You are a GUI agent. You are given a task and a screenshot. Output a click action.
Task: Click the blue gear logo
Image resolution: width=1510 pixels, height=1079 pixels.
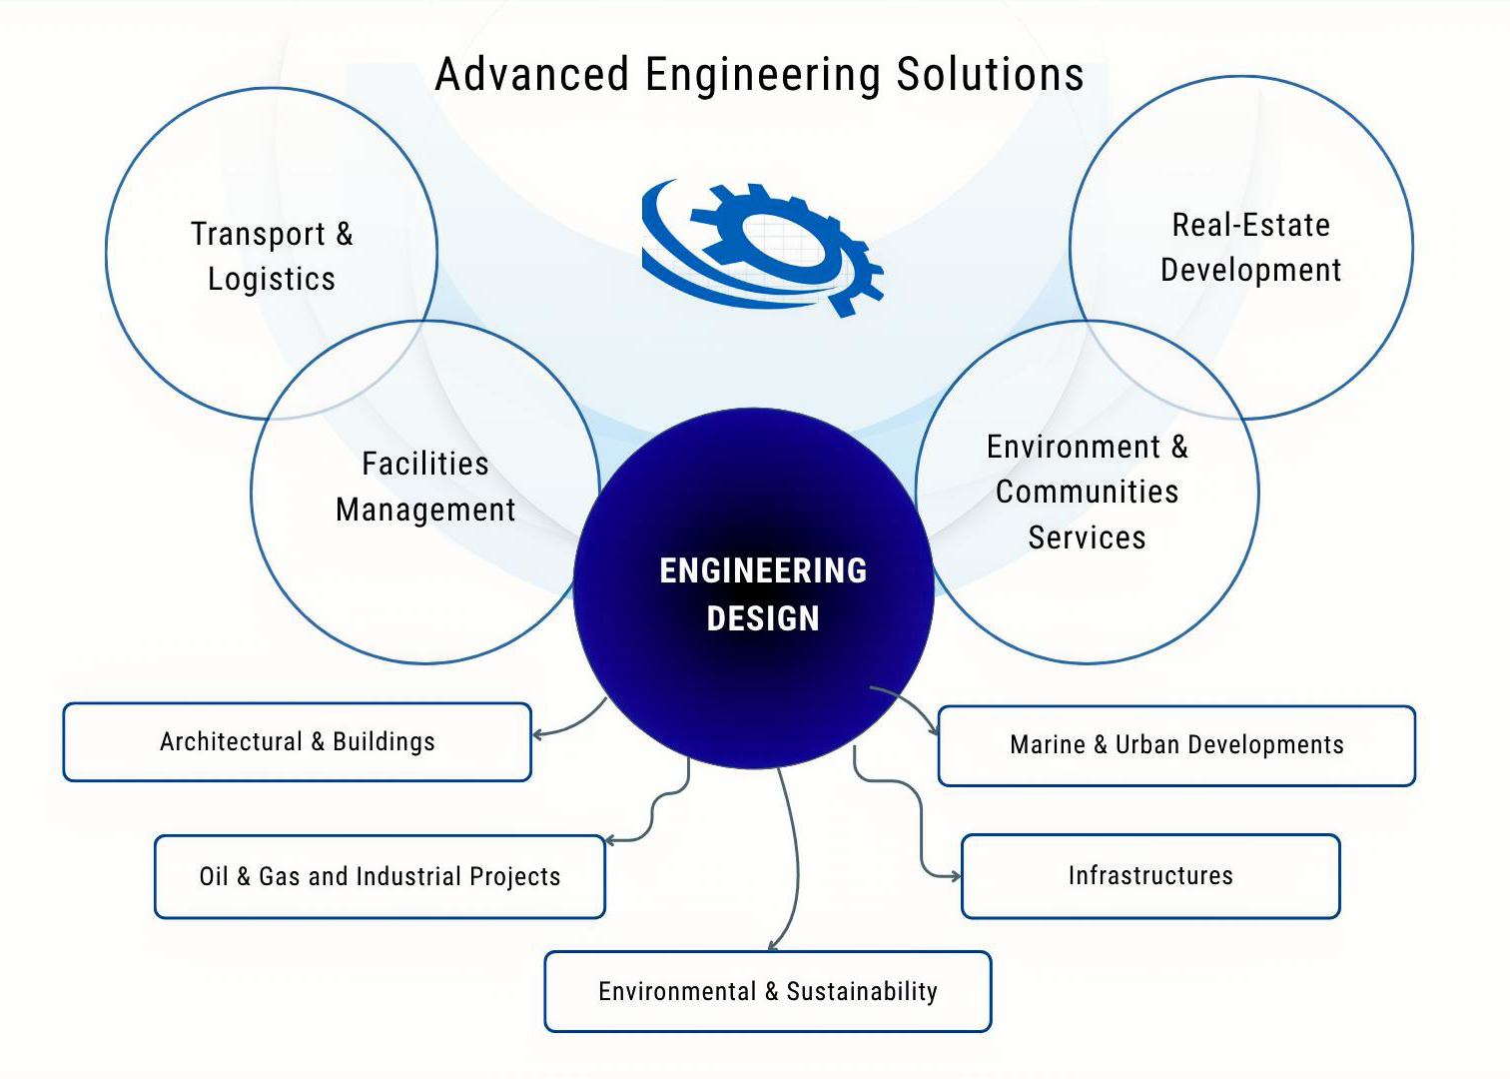coord(762,246)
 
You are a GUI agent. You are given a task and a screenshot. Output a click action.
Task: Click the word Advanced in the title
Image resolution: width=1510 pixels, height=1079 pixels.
coord(532,75)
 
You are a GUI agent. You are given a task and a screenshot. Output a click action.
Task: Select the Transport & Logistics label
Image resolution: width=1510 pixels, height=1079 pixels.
coord(272,256)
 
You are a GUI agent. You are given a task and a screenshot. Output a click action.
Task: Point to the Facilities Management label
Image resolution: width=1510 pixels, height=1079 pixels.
coord(425,487)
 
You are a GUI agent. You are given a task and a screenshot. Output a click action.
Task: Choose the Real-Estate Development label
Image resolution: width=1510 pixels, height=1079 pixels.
coord(1250,248)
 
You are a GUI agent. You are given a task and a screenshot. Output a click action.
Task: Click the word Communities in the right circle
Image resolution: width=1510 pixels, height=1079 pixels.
coord(1087,492)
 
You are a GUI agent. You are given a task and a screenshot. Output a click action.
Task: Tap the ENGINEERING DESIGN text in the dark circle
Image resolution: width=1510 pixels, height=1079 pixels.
coord(763,594)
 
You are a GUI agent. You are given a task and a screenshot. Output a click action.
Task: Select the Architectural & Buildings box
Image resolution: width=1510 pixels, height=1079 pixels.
coord(298,742)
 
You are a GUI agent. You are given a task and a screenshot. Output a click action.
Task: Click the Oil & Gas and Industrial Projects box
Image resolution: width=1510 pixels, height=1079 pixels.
coord(379,876)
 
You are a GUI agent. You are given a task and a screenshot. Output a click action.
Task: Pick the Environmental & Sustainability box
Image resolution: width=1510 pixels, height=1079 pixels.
coord(767,991)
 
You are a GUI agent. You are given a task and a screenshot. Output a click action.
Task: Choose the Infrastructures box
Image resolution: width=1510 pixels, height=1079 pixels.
coord(1149,876)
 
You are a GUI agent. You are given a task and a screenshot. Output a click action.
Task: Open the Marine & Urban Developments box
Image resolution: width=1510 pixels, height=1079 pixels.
coord(1176,745)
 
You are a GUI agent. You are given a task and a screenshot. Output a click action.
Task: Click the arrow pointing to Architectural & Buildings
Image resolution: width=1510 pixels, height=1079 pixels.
coord(569,726)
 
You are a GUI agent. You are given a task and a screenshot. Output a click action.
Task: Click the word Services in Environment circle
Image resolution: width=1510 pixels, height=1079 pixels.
coord(1087,538)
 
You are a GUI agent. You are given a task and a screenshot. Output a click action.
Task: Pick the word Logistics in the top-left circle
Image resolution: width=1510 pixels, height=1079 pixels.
coord(272,279)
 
